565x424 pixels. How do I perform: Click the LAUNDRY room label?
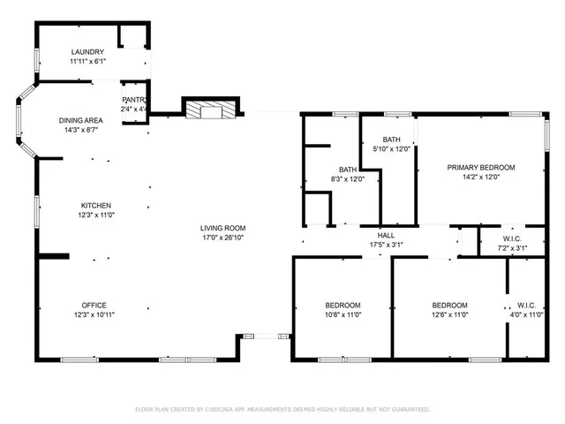pyautogui.click(x=87, y=52)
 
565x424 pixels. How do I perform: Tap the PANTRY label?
pyautogui.click(x=134, y=100)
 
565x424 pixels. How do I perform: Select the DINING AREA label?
pyautogui.click(x=81, y=120)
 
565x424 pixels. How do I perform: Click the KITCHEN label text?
pyautogui.click(x=96, y=205)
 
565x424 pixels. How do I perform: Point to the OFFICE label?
pyautogui.click(x=94, y=306)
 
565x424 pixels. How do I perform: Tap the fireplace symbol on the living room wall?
pyautogui.click(x=210, y=110)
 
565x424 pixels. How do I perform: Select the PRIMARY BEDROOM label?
pyautogui.click(x=480, y=167)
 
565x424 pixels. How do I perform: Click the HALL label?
pyautogui.click(x=386, y=235)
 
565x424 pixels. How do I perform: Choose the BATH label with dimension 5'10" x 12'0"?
pyautogui.click(x=392, y=140)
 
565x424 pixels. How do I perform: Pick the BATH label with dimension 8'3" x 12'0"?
pyautogui.click(x=348, y=170)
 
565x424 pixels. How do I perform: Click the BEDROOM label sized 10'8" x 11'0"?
pyautogui.click(x=343, y=306)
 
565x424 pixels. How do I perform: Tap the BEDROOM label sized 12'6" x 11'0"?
pyautogui.click(x=448, y=306)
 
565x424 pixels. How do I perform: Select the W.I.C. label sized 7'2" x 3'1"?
pyautogui.click(x=513, y=239)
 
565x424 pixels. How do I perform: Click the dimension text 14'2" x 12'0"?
pyautogui.click(x=480, y=177)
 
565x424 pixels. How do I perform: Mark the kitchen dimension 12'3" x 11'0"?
pyautogui.click(x=96, y=215)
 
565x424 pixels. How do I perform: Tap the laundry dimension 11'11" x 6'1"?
pyautogui.click(x=87, y=62)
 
